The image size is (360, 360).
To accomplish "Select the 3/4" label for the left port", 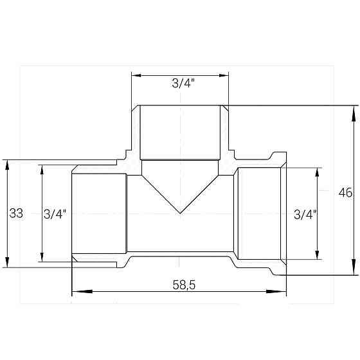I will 55,213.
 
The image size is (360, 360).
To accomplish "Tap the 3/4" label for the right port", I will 304,213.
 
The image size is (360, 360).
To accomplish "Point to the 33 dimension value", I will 17,213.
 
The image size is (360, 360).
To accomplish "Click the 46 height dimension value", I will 345,193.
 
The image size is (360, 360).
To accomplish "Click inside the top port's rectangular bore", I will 181,132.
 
